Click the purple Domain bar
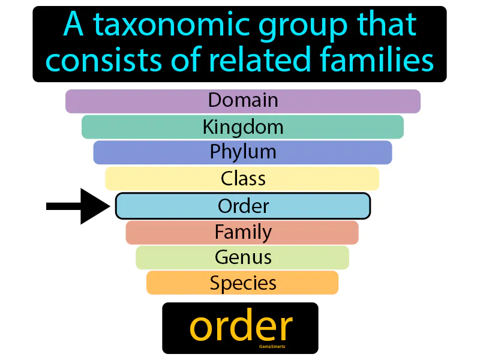(x=243, y=101)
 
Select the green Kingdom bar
(x=243, y=127)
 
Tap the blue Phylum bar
(x=243, y=152)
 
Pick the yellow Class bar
(x=243, y=179)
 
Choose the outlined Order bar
(x=243, y=206)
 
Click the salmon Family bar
(x=243, y=232)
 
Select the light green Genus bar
(x=243, y=257)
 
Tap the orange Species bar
(x=243, y=283)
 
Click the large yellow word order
(x=241, y=326)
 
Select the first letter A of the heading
(x=73, y=26)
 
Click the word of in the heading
(x=184, y=60)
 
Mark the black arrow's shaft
(x=64, y=206)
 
